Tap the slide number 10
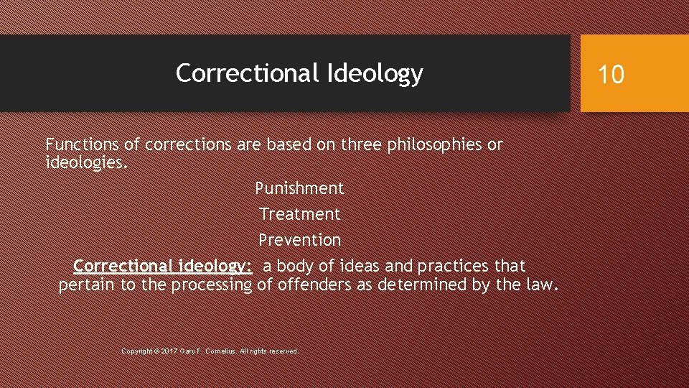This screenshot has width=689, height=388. (x=611, y=74)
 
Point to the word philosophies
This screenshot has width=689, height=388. (x=435, y=144)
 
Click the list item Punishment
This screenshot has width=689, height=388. (x=299, y=188)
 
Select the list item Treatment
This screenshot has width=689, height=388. (x=299, y=214)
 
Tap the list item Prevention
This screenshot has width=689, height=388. (x=299, y=239)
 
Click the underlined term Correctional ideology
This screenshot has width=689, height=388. (x=162, y=266)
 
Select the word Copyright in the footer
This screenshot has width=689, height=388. (x=136, y=351)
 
